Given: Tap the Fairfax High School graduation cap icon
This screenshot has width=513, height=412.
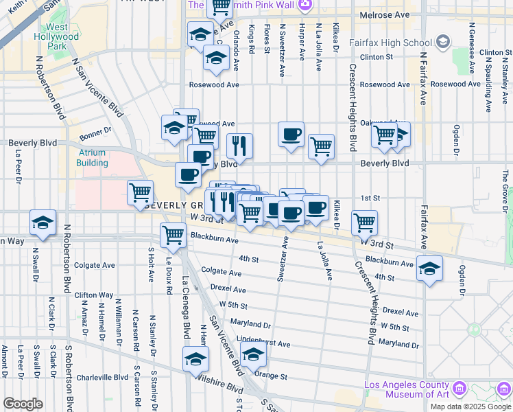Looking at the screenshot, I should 443,43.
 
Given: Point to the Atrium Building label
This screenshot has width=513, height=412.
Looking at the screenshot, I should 92,158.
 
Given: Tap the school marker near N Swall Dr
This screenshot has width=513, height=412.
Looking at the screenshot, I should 43,223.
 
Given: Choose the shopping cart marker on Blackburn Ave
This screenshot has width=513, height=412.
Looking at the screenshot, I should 173,236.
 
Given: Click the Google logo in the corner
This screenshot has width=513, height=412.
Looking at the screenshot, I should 23,403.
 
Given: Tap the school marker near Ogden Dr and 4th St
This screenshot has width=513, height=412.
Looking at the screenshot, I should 429,268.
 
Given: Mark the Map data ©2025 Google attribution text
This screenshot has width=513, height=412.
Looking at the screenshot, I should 470,406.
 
